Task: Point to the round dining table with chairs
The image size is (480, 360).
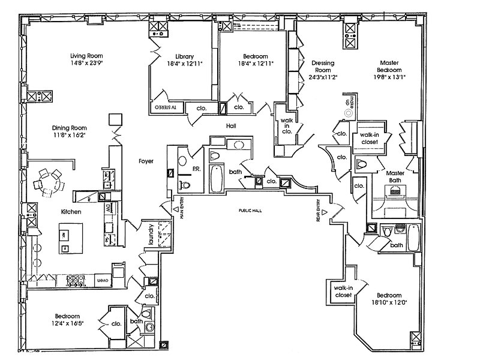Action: pyautogui.click(x=50, y=182)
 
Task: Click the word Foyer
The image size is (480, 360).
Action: pyautogui.click(x=146, y=161)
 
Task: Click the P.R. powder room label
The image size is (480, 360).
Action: pyautogui.click(x=196, y=169)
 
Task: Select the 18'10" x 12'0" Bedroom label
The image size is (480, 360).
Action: pyautogui.click(x=389, y=299)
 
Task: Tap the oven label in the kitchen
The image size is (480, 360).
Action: pyautogui.click(x=103, y=279)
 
